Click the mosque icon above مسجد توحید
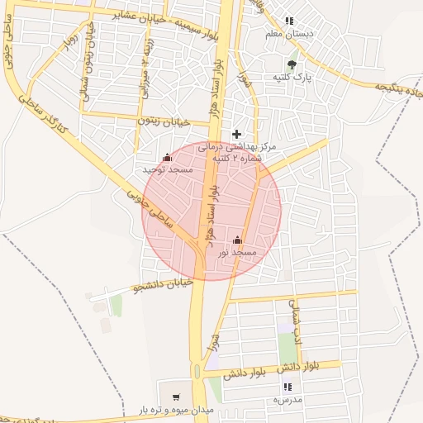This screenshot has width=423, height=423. (168, 157)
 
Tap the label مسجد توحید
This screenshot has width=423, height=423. (168, 169)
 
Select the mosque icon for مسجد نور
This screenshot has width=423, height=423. (238, 240)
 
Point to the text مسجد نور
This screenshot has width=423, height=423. (238, 252)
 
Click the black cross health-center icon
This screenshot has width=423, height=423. (237, 134)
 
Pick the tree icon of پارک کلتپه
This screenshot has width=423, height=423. (291, 64)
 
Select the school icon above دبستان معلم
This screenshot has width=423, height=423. (288, 21)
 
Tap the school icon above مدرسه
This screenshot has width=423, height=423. (288, 387)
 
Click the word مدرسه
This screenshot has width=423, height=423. (288, 399)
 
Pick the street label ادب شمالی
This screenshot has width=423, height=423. (295, 315)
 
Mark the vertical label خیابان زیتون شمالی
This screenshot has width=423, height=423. (85, 62)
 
